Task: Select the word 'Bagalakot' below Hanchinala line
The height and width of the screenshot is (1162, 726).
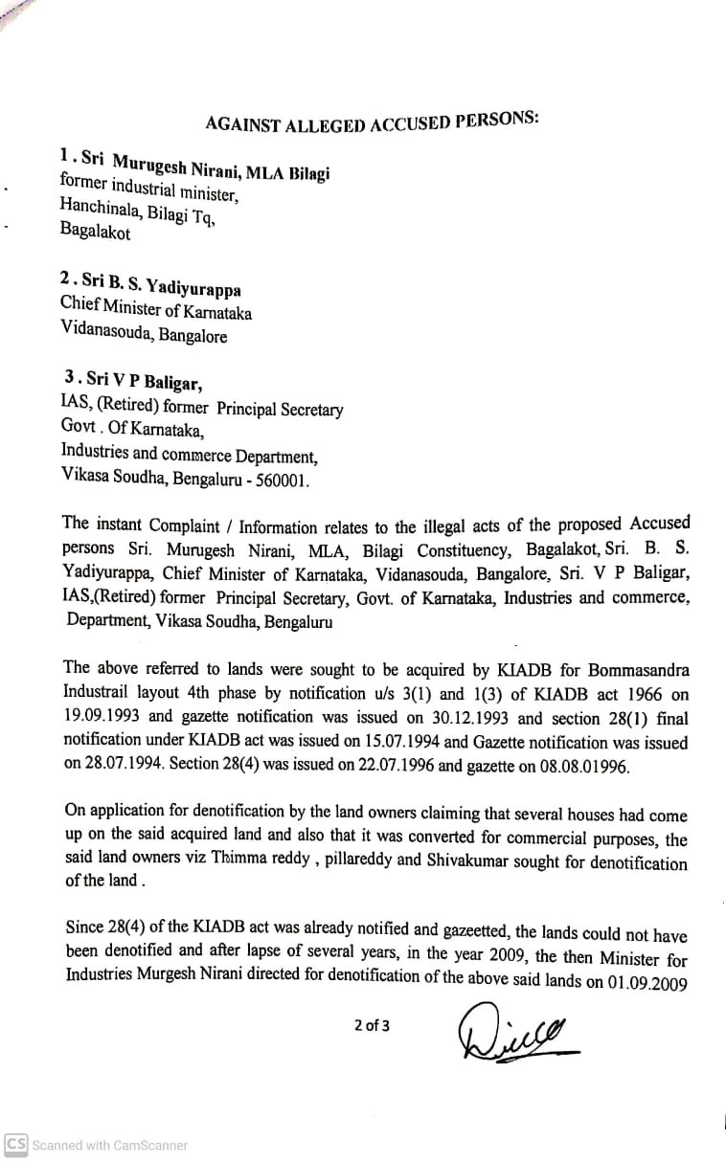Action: point(96,231)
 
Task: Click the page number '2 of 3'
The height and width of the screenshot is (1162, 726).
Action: point(372,1026)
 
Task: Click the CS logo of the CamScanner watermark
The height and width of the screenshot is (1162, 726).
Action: point(15,1145)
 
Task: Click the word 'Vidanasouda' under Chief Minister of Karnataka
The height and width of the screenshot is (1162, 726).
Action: point(105,336)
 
